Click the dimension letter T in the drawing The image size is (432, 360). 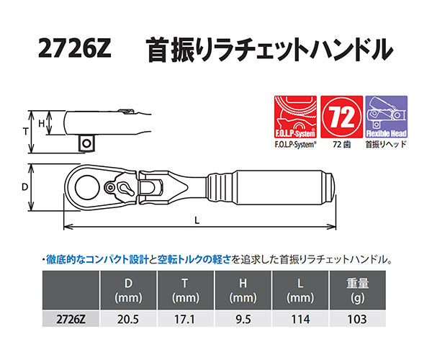pyautogui.click(x=26, y=132)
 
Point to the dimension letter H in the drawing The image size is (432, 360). pyautogui.click(x=42, y=124)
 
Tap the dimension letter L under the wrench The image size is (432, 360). pyautogui.click(x=197, y=221)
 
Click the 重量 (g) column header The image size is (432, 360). pyautogui.click(x=359, y=290)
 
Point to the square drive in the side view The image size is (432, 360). pyautogui.click(x=86, y=143)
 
